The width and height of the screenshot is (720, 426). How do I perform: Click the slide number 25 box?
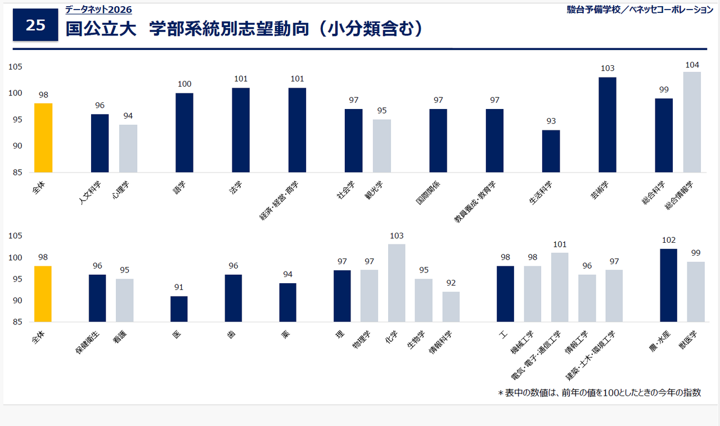(x=35, y=25)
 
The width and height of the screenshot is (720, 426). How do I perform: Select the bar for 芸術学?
(x=607, y=125)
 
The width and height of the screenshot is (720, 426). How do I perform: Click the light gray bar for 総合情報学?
(x=692, y=122)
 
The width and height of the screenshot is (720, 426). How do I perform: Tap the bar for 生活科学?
(x=551, y=151)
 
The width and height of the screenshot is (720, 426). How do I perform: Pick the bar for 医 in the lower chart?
(x=179, y=309)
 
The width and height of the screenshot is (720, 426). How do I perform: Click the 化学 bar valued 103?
(x=397, y=283)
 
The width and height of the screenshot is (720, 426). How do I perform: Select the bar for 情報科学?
(x=451, y=307)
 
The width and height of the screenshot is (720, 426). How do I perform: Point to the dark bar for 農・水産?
(x=668, y=285)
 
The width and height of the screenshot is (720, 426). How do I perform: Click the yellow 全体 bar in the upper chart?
(x=43, y=138)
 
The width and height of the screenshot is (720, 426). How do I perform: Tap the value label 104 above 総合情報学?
(x=692, y=65)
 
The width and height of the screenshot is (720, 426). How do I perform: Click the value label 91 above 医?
(x=179, y=288)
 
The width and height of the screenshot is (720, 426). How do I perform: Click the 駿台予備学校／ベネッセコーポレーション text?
(x=640, y=10)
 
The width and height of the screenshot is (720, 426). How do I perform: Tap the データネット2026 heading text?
(x=98, y=10)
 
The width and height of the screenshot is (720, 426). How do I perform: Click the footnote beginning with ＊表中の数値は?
(x=600, y=393)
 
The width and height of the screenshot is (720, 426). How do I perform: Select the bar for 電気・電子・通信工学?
(x=560, y=287)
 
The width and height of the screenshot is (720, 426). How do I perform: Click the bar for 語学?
(x=184, y=133)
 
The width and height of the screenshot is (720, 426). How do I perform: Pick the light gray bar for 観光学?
(x=382, y=146)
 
